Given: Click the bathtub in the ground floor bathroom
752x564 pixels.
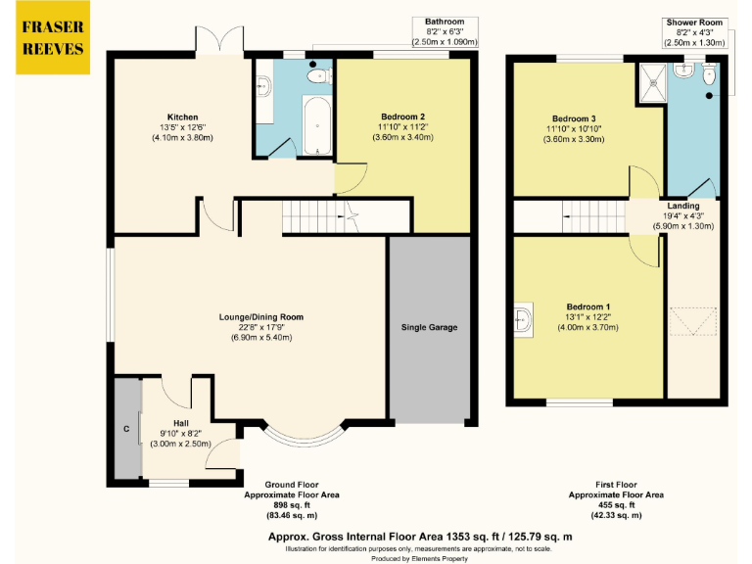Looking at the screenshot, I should point(316,125).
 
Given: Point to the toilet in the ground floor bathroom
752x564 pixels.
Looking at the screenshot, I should point(316,74).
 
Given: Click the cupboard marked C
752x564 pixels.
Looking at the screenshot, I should point(126,428).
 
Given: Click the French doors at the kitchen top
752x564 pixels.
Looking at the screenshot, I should point(217,40).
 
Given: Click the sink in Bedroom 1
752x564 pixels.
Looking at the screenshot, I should point(523,317).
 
